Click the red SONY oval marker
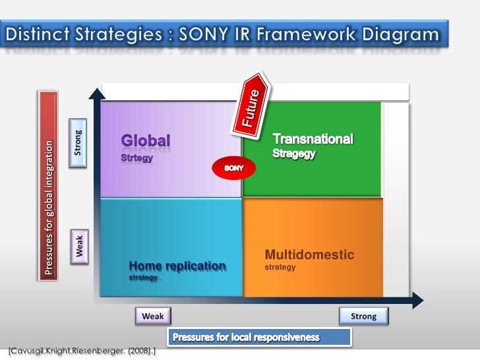point(235,168)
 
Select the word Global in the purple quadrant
point(145,140)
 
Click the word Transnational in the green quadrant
point(313,139)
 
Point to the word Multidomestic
point(309,255)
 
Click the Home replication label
point(177,266)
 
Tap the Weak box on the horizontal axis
point(153,316)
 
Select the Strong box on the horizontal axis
point(364,316)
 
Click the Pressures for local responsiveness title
point(246,338)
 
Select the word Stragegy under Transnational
point(294,154)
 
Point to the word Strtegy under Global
point(136,158)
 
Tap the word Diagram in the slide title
point(402,34)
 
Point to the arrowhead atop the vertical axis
point(96,91)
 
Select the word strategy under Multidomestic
point(280,268)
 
